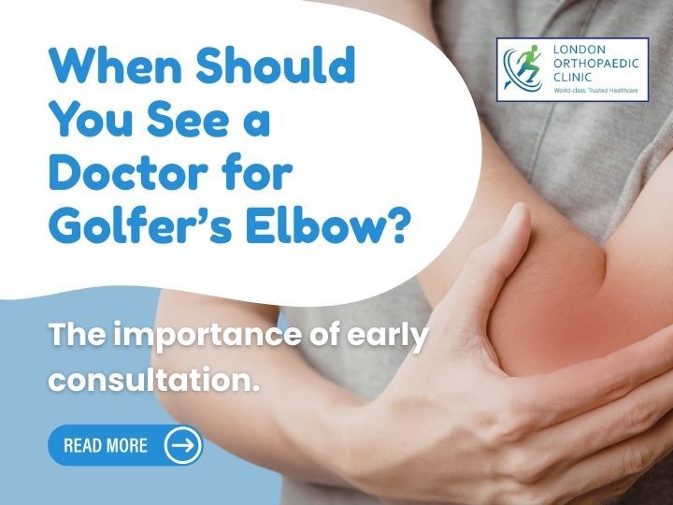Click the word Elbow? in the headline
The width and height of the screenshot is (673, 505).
tap(334, 227)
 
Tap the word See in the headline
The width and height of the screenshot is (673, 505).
tap(187, 122)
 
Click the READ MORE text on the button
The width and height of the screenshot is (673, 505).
tap(106, 445)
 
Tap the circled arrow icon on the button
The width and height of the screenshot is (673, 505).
tap(182, 445)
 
